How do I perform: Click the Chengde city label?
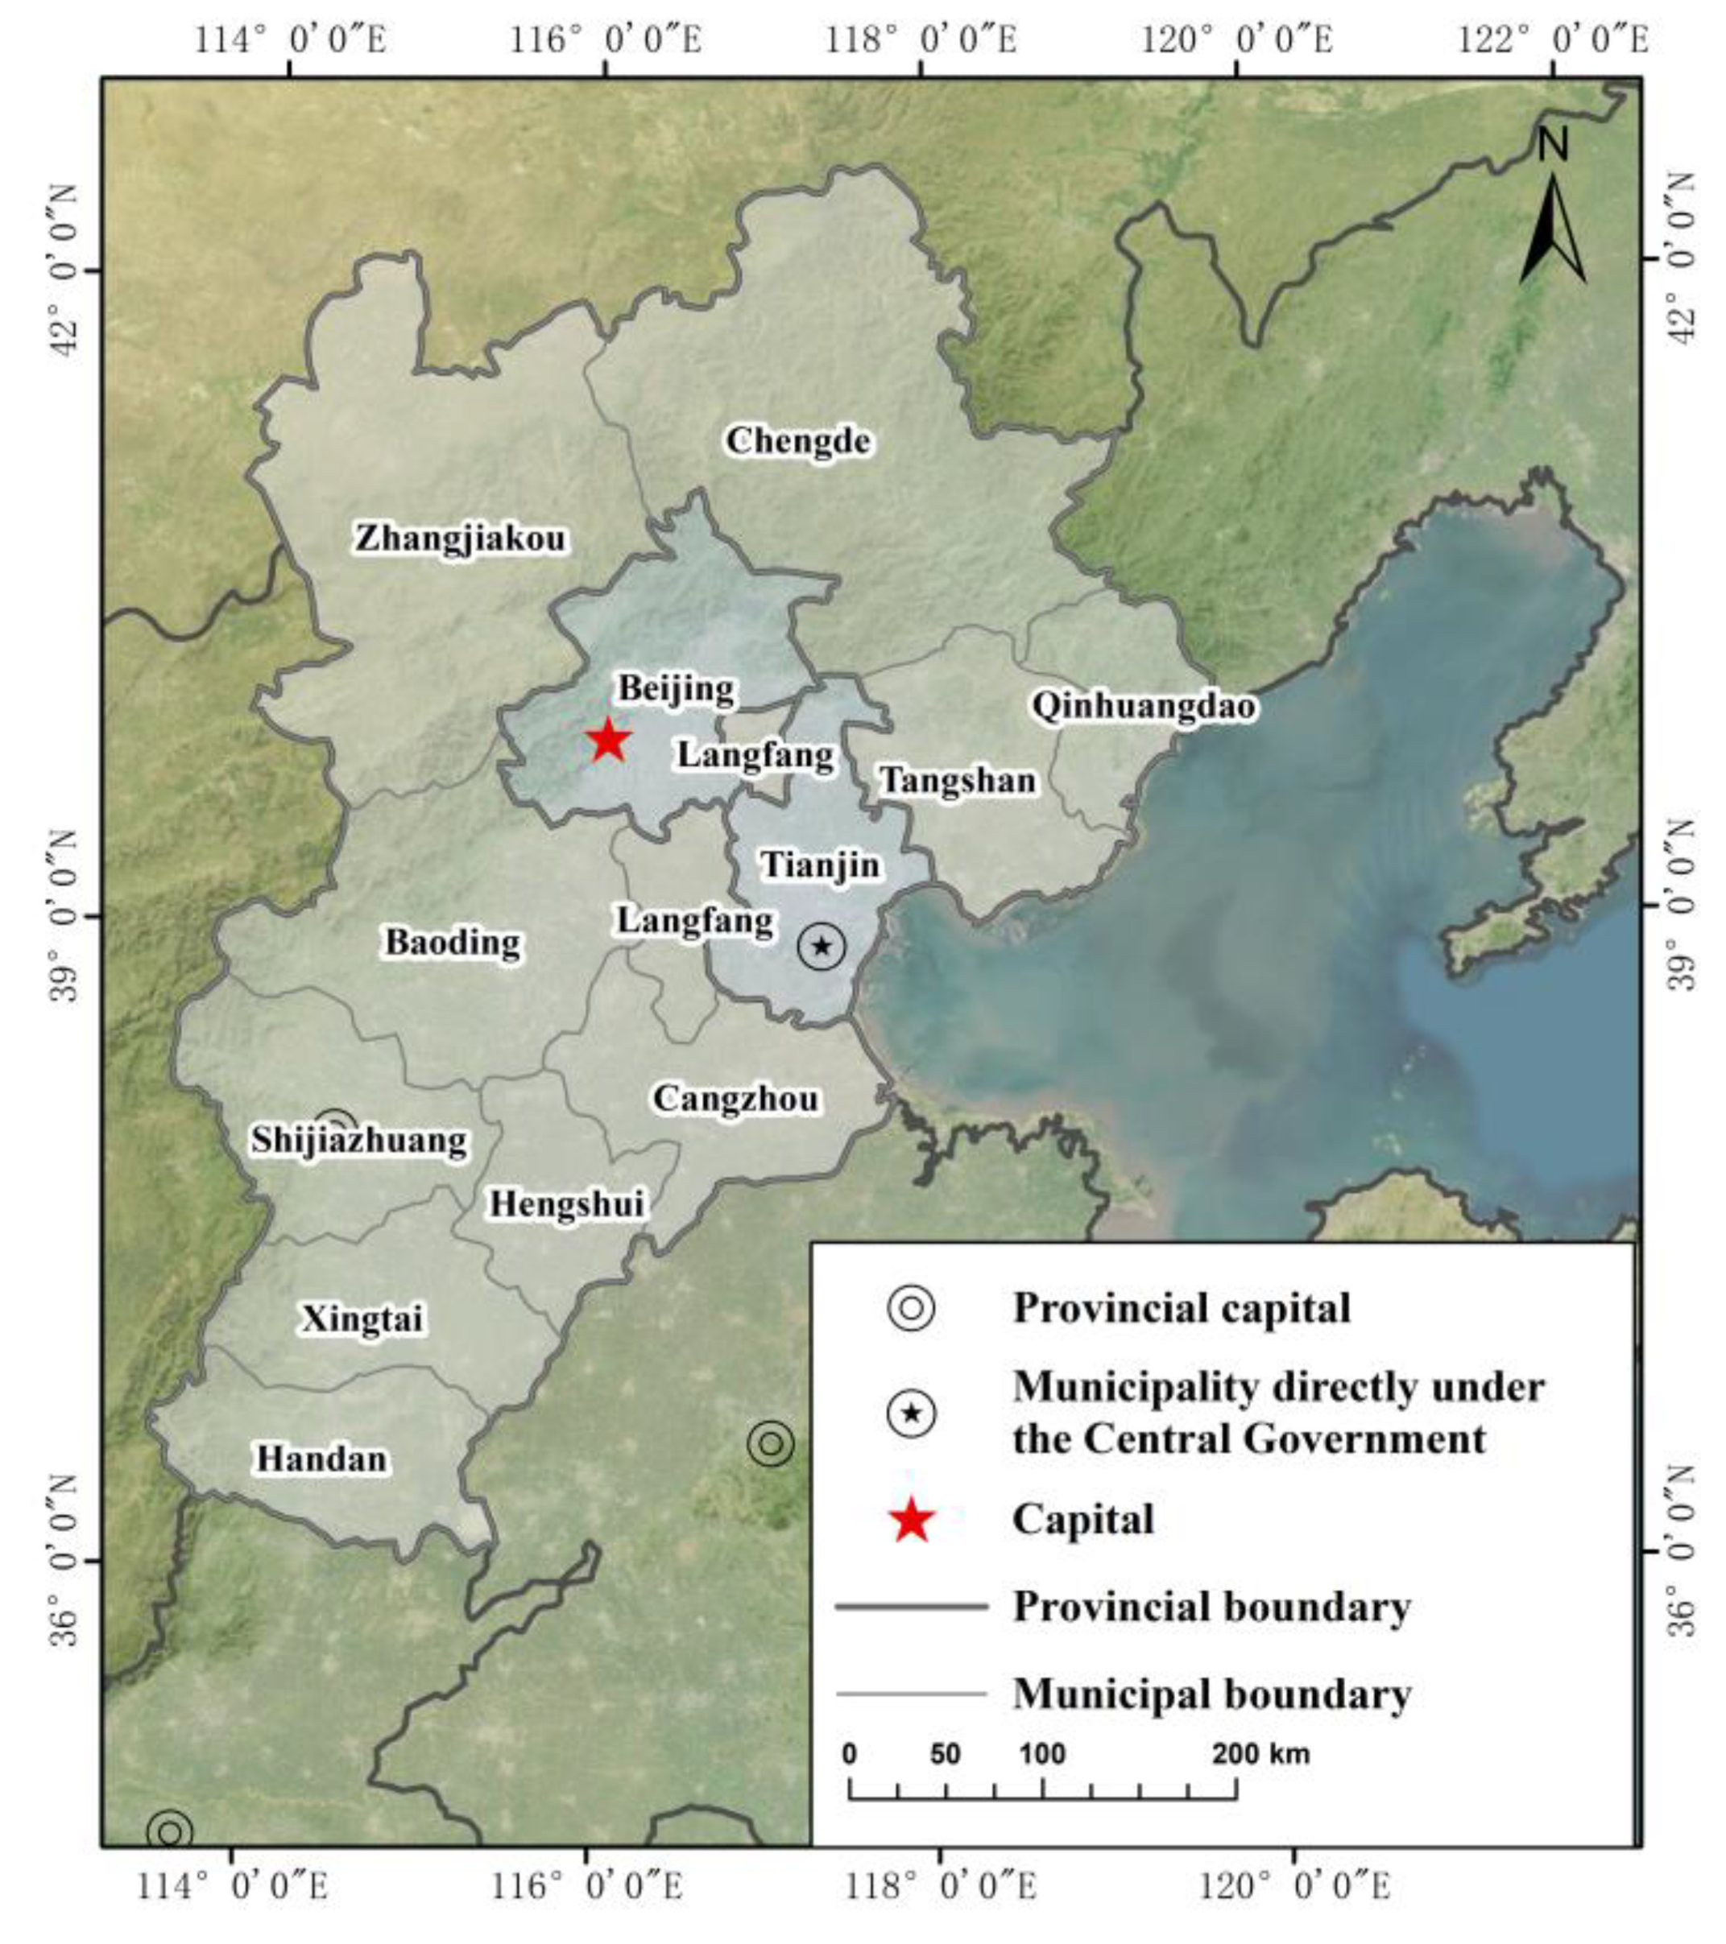pyautogui.click(x=797, y=440)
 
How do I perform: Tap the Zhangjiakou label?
pyautogui.click(x=461, y=539)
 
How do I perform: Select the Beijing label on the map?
pyautogui.click(x=677, y=687)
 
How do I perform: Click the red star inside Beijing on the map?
pyautogui.click(x=608, y=741)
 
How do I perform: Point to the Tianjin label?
pyautogui.click(x=820, y=865)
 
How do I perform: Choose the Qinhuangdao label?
pyautogui.click(x=1144, y=706)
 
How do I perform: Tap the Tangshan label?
pyautogui.click(x=957, y=780)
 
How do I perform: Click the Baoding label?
pyautogui.click(x=453, y=942)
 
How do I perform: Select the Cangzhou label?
pyautogui.click(x=735, y=1099)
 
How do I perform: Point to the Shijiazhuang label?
pyautogui.click(x=360, y=1139)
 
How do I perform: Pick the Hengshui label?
pyautogui.click(x=567, y=1203)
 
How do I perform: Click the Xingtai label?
pyautogui.click(x=362, y=1319)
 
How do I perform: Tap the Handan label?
pyautogui.click(x=321, y=1458)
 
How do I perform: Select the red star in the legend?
pyautogui.click(x=912, y=1520)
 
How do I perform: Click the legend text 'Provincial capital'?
pyautogui.click(x=1181, y=1308)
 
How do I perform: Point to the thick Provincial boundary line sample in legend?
pyautogui.click(x=912, y=1608)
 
